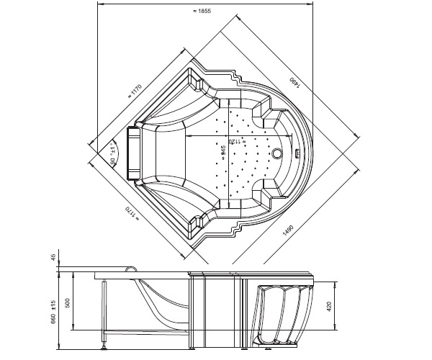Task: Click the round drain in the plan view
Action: tap(279, 153)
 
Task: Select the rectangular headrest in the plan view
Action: tap(133, 153)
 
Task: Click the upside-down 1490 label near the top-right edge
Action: tap(294, 85)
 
